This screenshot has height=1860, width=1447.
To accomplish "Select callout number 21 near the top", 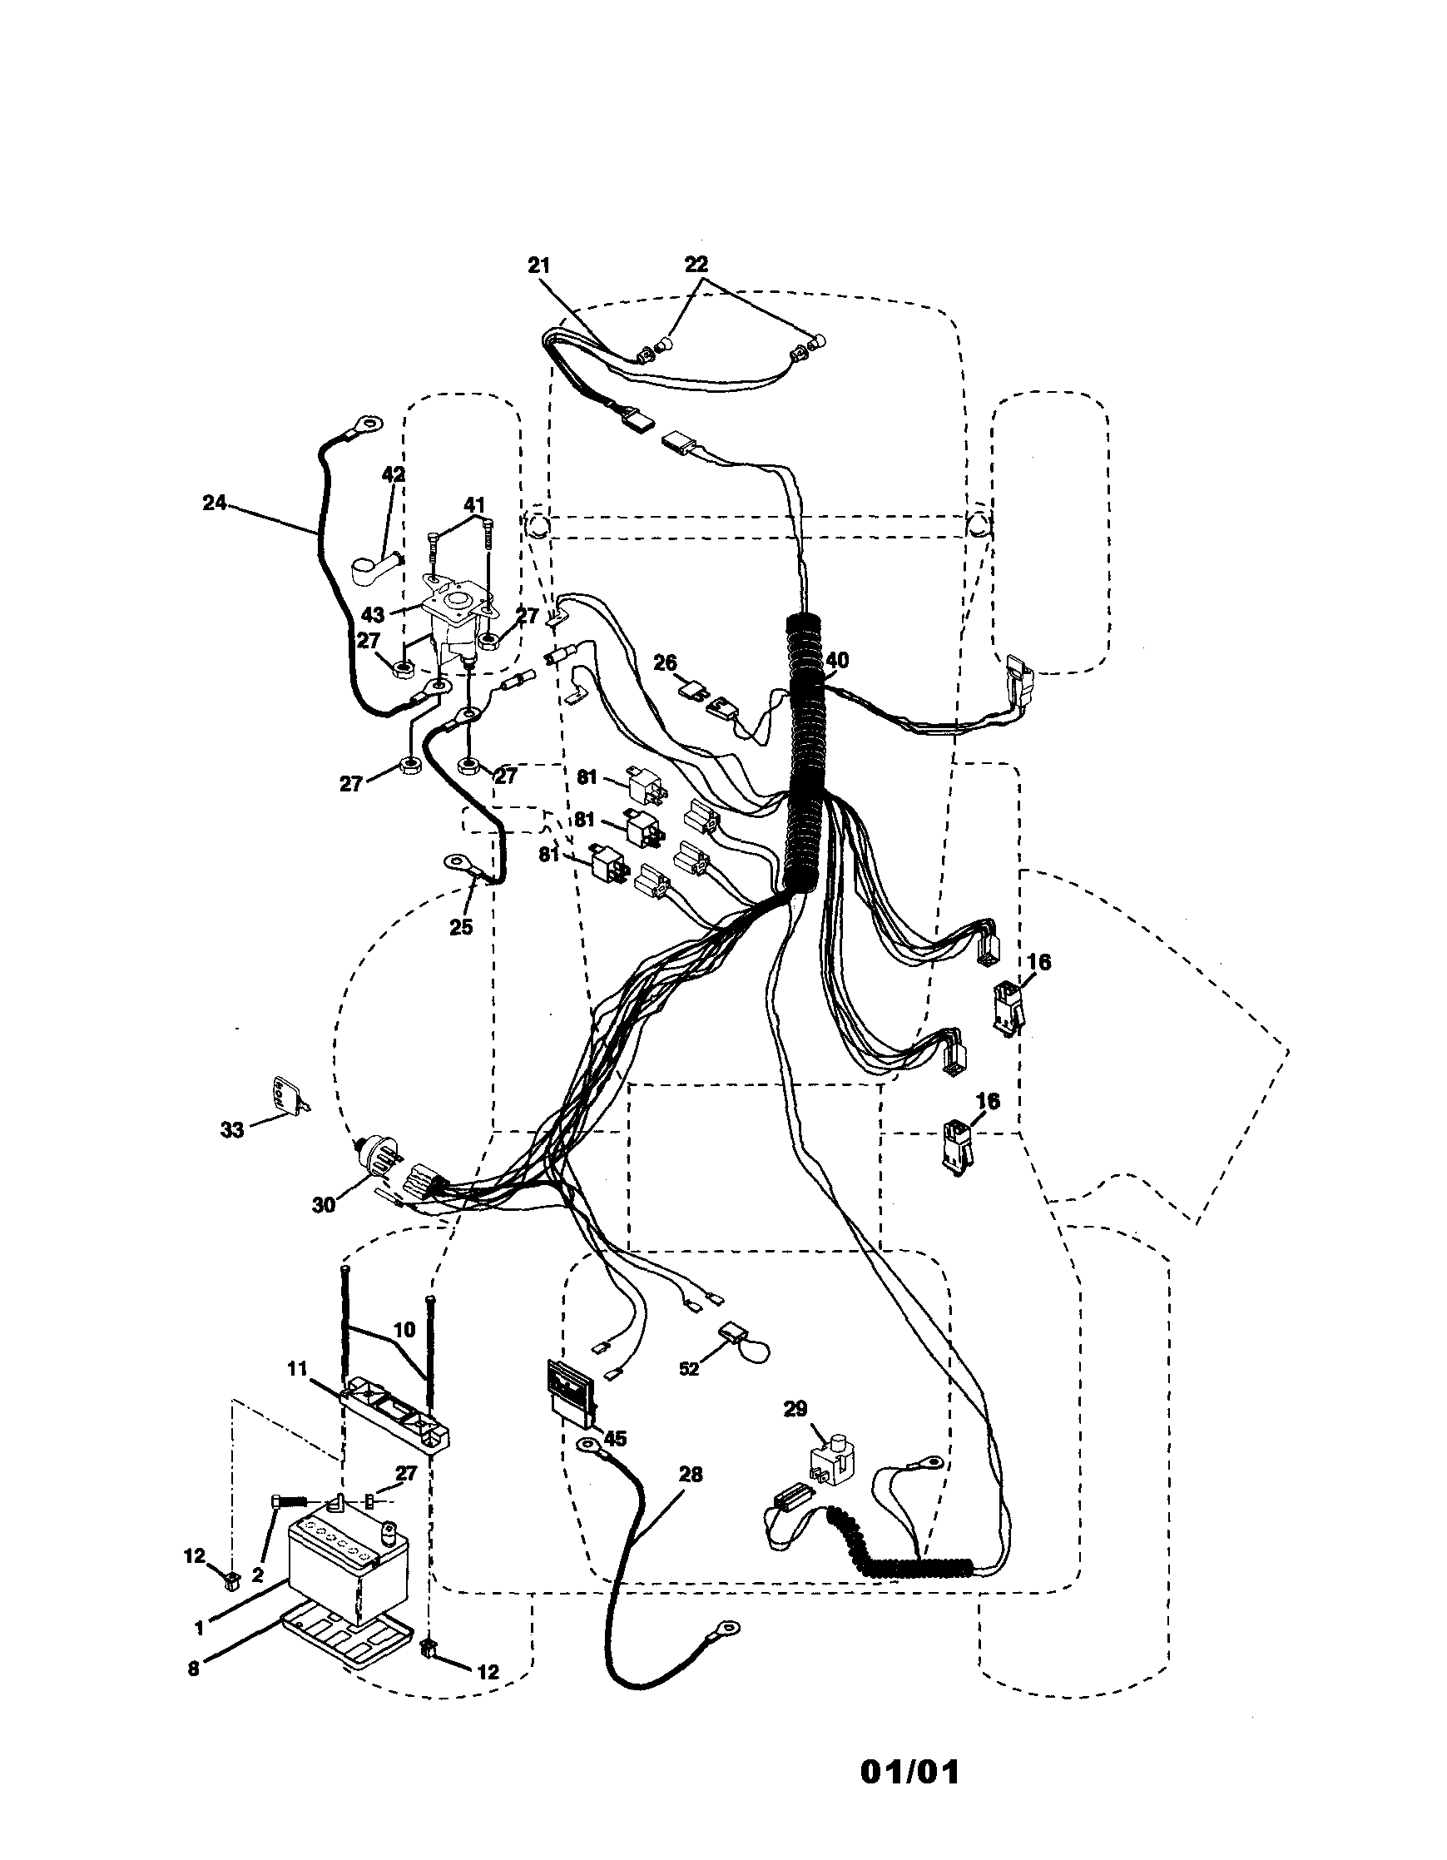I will [538, 265].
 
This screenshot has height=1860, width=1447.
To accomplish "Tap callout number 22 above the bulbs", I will [696, 264].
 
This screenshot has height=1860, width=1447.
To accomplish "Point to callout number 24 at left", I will [214, 503].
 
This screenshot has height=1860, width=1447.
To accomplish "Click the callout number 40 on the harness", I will [836, 660].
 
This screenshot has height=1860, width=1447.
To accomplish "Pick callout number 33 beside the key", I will [231, 1129].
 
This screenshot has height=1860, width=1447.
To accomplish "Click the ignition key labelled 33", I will [285, 1094].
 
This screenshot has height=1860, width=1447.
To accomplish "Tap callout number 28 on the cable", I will [690, 1474].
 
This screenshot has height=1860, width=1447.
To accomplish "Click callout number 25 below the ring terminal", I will [461, 927].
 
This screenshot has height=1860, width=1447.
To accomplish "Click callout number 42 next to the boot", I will [394, 474].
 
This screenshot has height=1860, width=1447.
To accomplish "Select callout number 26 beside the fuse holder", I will [664, 661].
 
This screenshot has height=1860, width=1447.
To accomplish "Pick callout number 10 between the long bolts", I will [404, 1329].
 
